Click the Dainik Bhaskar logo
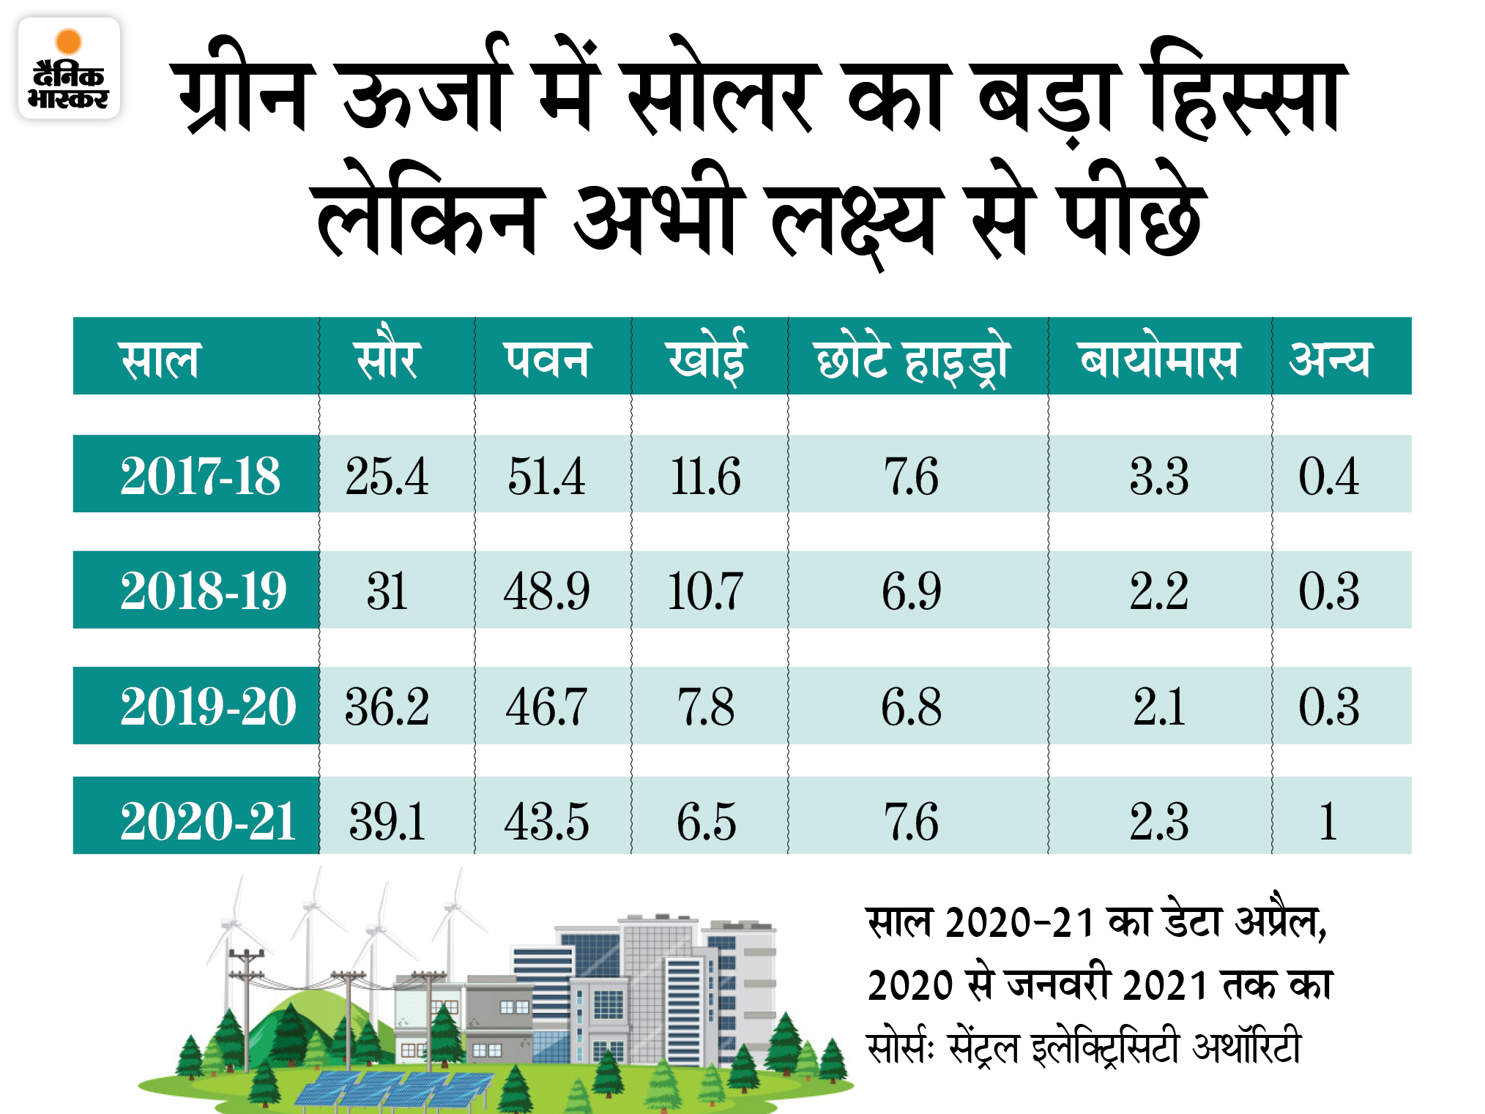(69, 68)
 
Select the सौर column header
(387, 359)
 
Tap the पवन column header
(546, 359)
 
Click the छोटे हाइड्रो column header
(912, 361)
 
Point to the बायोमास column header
(1158, 359)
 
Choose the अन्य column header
(1328, 359)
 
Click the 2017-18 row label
(199, 476)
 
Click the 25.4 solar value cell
(387, 476)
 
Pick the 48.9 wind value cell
(546, 591)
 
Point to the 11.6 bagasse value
(705, 476)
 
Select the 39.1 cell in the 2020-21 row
(387, 820)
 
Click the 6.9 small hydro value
(911, 591)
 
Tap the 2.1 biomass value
(1158, 707)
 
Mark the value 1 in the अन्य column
(1328, 820)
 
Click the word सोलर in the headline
(721, 91)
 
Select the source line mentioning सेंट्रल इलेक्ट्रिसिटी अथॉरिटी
(1084, 1047)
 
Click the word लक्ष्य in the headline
(853, 216)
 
